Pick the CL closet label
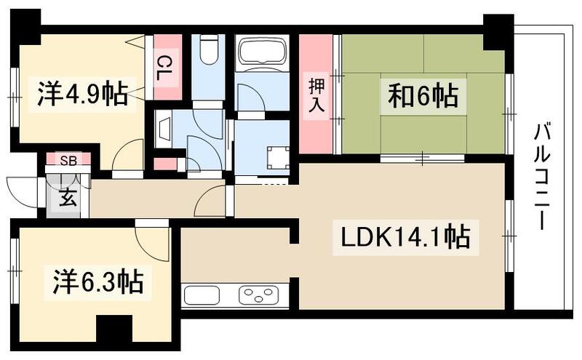tap(167, 67)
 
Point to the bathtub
tap(263, 52)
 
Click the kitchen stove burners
tap(258, 295)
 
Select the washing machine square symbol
tap(277, 156)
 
